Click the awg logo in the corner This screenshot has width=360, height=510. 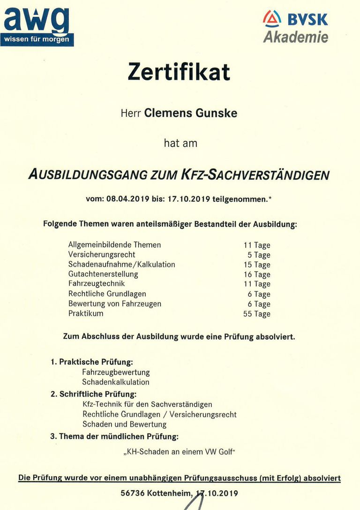(x=37, y=26)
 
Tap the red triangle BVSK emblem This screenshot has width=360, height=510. (x=272, y=19)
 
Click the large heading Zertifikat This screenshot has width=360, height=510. (x=179, y=72)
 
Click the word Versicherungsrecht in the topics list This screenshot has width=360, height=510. (x=102, y=254)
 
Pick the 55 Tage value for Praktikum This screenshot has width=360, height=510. (x=256, y=314)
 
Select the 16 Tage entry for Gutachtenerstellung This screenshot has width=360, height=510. (x=256, y=274)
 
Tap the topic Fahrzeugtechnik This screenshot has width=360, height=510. (x=97, y=284)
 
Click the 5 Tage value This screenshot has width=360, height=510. (x=259, y=255)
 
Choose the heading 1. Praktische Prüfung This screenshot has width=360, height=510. (x=92, y=362)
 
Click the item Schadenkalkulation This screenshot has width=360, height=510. (x=116, y=382)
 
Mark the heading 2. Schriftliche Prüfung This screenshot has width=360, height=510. (x=93, y=394)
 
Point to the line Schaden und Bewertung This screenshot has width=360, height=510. (x=124, y=424)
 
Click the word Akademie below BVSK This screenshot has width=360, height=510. (x=295, y=37)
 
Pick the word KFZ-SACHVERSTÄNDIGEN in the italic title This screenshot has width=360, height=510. (x=255, y=175)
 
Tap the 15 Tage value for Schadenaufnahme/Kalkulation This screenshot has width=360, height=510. (x=256, y=265)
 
